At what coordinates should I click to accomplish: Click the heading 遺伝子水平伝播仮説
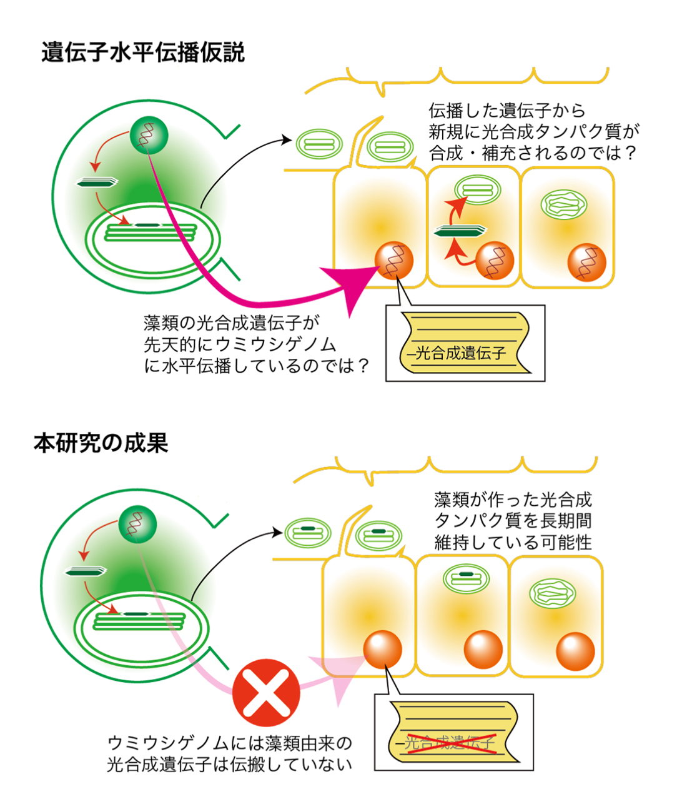(143, 53)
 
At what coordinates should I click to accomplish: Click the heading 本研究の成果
(101, 443)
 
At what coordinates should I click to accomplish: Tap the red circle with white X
(266, 693)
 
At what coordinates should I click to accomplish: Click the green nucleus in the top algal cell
(149, 135)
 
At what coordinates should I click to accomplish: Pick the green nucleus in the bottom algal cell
(137, 525)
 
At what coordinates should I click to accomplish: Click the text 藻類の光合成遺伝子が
(232, 323)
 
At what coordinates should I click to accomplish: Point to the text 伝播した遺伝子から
(507, 111)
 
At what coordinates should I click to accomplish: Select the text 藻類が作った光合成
(513, 500)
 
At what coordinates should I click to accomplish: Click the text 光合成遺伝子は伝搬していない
(229, 765)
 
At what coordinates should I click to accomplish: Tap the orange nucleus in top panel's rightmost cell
(586, 262)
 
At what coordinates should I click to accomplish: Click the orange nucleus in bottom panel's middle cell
(483, 650)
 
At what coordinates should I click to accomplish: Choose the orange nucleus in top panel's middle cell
(495, 261)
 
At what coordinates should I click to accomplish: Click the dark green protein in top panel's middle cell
(460, 231)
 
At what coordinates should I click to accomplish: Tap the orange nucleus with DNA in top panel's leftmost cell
(394, 261)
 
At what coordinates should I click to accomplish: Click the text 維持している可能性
(513, 542)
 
